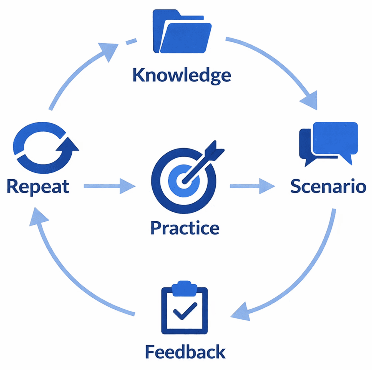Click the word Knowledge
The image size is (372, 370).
pos(182,75)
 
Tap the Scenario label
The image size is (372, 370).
pos(328,186)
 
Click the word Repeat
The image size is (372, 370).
pos(38,186)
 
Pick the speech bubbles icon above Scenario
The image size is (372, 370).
pos(329,143)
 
